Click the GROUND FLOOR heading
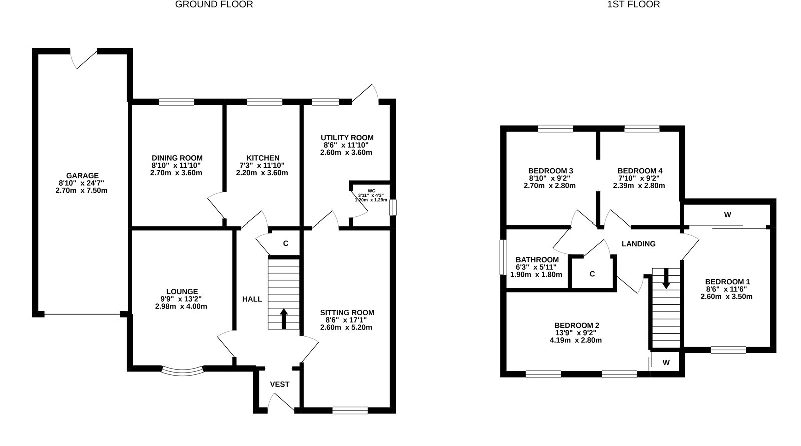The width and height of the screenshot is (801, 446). tap(214, 5)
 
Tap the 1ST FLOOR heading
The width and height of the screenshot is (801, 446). tap(633, 5)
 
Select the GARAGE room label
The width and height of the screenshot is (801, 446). tap(82, 176)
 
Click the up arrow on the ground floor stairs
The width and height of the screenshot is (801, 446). tap(284, 319)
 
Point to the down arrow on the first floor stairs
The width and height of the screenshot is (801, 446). tap(666, 278)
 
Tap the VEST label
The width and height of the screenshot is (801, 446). tap(280, 384)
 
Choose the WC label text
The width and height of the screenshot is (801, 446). tap(371, 191)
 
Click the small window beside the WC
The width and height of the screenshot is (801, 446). tap(393, 207)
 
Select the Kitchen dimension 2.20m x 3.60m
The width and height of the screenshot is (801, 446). tap(262, 173)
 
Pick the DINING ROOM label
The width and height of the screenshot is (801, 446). tap(177, 158)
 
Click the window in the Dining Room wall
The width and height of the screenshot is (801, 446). tap(177, 102)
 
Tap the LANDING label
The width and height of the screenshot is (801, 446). tap(639, 244)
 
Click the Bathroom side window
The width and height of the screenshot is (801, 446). tap(503, 257)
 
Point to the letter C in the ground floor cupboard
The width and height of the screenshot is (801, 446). tap(286, 244)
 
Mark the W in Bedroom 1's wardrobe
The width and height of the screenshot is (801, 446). tap(728, 215)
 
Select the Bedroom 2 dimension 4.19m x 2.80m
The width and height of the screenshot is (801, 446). tap(576, 340)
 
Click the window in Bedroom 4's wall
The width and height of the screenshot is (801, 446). tap(642, 128)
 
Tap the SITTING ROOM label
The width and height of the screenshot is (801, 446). tap(347, 313)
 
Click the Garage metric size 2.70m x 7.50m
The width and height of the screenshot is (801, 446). tap(82, 191)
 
